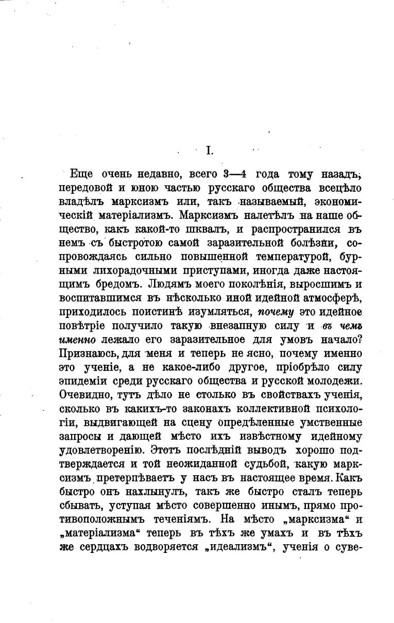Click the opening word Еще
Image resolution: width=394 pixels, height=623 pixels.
[81, 174]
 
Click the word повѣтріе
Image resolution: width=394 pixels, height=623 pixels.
[89, 326]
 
